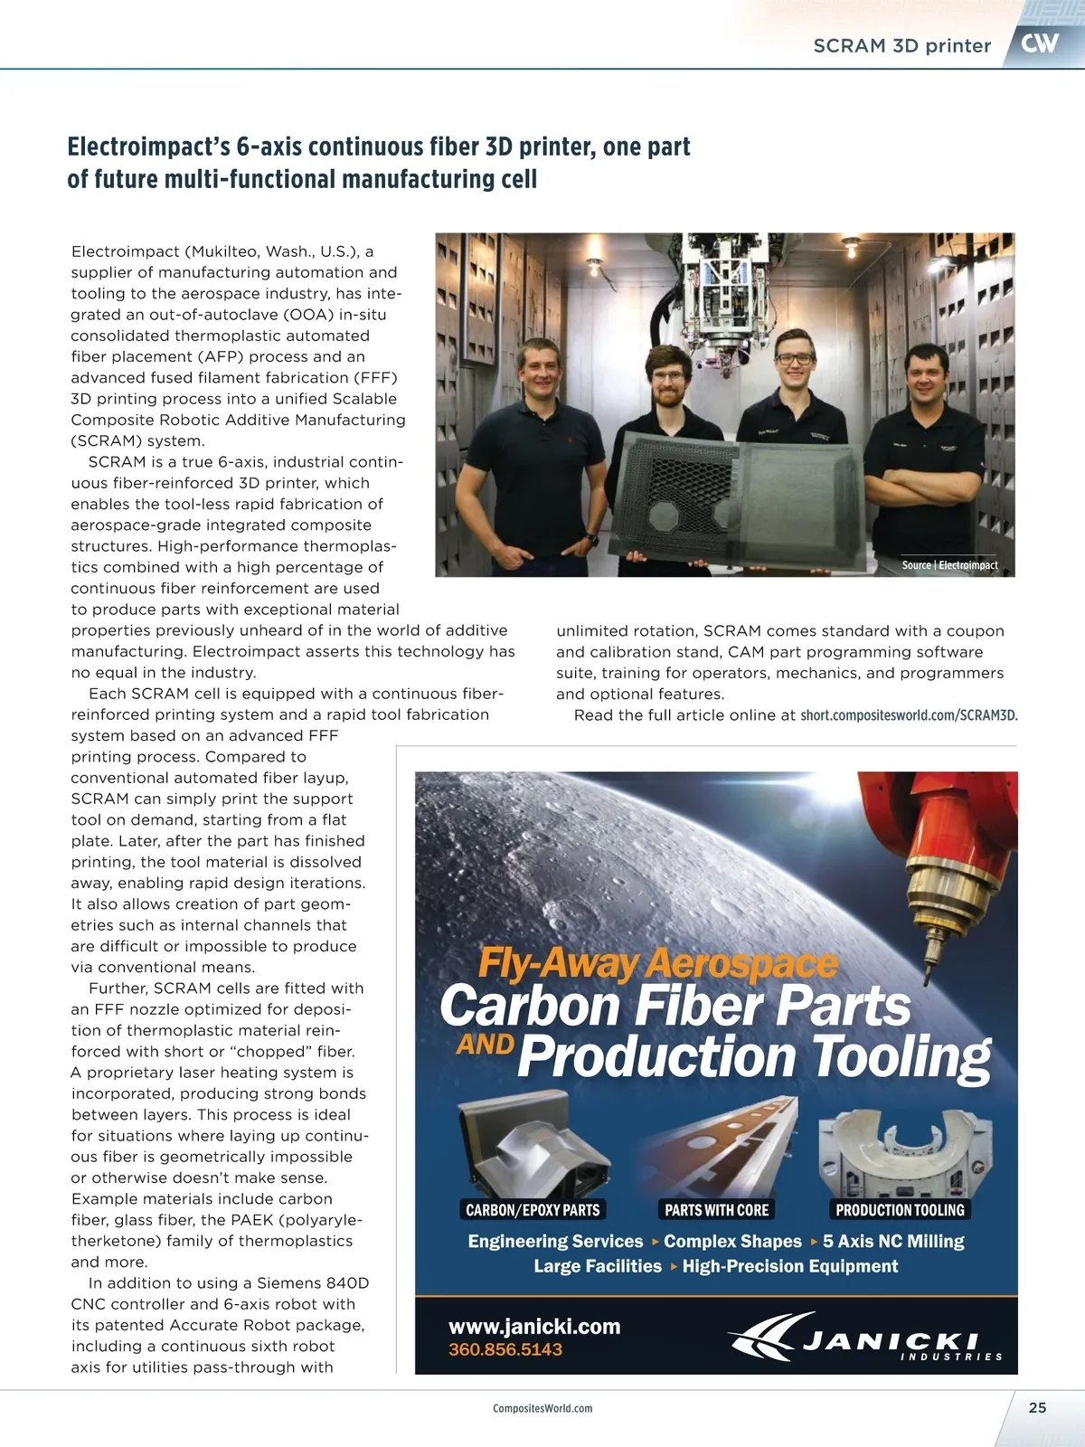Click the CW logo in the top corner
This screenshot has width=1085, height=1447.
[x=1041, y=43]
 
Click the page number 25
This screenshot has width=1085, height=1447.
[x=1037, y=1407]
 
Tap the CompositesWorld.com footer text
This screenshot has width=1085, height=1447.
[x=542, y=1408]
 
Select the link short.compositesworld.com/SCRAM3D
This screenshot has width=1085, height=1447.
[x=909, y=715]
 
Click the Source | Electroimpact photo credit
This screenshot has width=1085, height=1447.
[x=949, y=565]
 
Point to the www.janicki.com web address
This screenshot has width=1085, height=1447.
[x=534, y=1327]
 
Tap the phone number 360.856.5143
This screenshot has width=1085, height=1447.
[x=505, y=1349]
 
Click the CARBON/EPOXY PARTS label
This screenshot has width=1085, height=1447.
[x=533, y=1210]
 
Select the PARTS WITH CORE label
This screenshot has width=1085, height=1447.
[x=716, y=1210]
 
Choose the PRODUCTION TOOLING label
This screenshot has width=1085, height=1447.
[x=900, y=1210]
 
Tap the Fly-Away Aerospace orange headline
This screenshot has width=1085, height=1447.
[x=657, y=964]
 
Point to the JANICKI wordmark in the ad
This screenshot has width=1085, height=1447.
[x=891, y=1341]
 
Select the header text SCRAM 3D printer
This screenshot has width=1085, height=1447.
[x=901, y=46]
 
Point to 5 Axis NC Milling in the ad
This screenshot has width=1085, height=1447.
[x=893, y=1241]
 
